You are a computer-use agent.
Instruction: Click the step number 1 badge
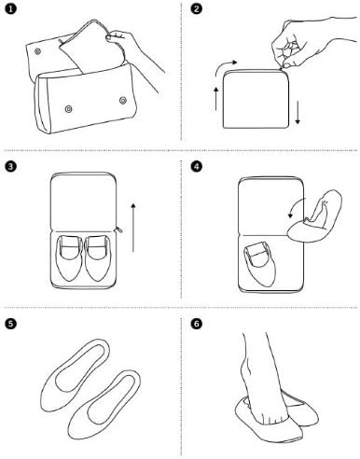coord(10,8)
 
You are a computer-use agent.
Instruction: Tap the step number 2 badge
coord(196,8)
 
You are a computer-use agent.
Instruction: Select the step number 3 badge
coord(10,166)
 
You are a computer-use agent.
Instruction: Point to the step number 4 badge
coord(196,166)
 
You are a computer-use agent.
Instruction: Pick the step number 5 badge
coord(10,324)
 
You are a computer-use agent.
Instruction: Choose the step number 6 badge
coord(196,324)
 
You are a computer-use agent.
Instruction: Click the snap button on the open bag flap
coord(37,51)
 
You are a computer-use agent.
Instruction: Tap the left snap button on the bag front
coord(68,109)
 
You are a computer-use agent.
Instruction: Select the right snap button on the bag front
coord(123,101)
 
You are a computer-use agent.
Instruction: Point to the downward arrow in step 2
coord(298,113)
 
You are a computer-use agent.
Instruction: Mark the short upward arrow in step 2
coord(216,99)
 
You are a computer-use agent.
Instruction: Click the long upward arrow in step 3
coord(133,228)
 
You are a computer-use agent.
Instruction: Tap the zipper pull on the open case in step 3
coord(119,229)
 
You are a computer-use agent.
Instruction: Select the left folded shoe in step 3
coord(69,258)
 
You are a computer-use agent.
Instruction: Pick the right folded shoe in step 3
coord(97,258)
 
